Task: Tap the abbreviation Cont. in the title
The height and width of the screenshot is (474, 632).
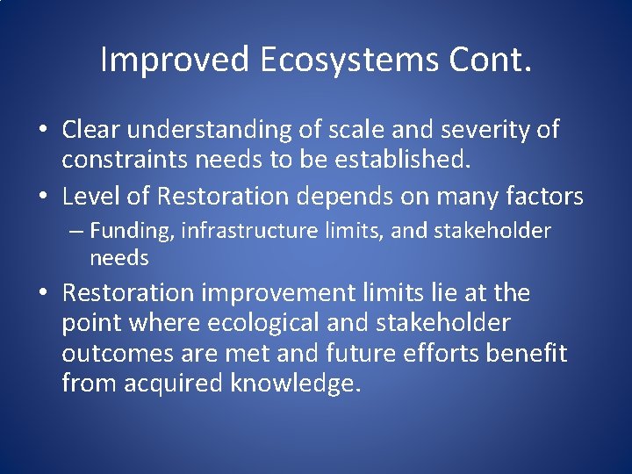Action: tap(492, 60)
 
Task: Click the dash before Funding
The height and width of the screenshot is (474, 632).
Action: tap(77, 231)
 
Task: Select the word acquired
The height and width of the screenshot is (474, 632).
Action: tap(169, 384)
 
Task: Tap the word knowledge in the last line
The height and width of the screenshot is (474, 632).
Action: tap(294, 384)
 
